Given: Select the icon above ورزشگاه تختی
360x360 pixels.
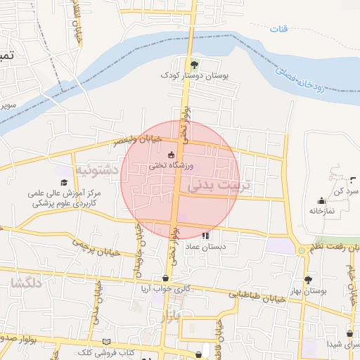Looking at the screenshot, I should (x=171, y=155).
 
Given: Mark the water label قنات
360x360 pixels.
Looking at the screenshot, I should (x=280, y=29).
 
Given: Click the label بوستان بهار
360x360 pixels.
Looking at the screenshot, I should (x=307, y=290).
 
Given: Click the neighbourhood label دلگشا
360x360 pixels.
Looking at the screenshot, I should (x=25, y=285).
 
